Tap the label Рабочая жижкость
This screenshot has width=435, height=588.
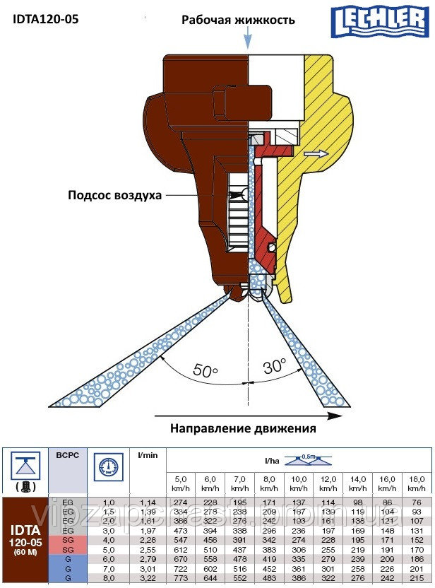point(238,20)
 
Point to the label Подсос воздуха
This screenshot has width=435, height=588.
point(115,194)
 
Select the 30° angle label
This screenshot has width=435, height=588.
point(274,365)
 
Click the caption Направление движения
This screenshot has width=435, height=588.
point(243,428)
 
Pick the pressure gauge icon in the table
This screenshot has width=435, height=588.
point(107,467)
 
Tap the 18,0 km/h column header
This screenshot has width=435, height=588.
point(417,484)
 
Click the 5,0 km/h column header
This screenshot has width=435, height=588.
point(180,484)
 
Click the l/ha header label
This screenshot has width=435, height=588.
point(271,460)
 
